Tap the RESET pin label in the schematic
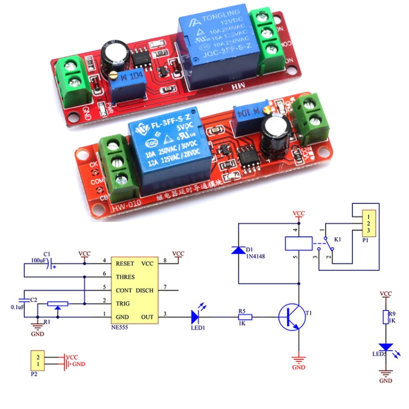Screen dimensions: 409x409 pos(125,263)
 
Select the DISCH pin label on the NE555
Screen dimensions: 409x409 pos(145,290)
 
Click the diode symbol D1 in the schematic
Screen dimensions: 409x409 pos(238,250)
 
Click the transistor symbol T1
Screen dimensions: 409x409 pos(290,317)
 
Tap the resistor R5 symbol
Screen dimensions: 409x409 pos(245,317)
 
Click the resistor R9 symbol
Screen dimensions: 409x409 pos(386,317)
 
